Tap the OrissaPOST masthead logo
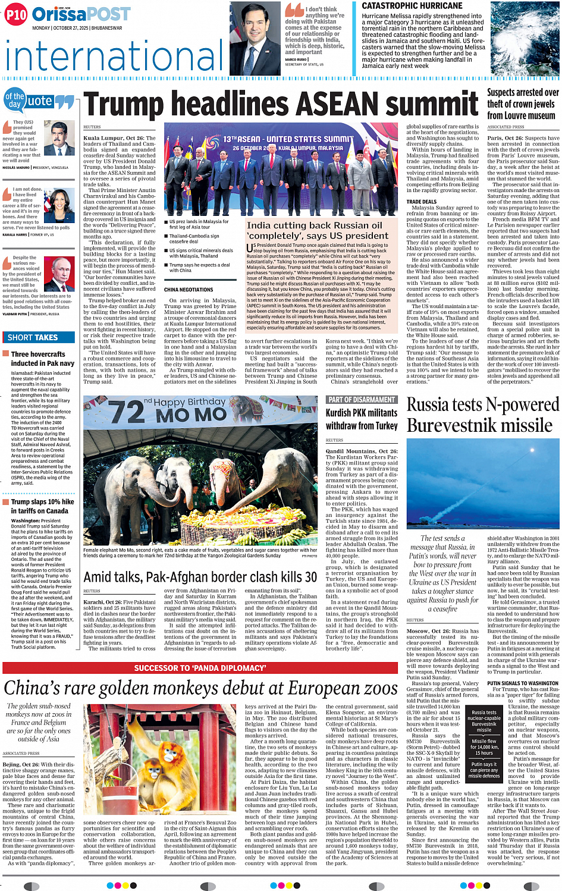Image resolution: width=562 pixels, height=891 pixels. click(81, 14)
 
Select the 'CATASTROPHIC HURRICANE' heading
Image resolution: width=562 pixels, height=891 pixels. click(412, 5)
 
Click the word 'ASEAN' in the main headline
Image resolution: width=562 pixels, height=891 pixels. click(337, 105)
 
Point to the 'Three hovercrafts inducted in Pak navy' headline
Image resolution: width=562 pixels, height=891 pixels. click(42, 359)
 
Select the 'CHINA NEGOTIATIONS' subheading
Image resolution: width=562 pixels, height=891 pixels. click(189, 290)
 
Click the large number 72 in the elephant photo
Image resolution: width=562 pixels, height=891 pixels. click(127, 412)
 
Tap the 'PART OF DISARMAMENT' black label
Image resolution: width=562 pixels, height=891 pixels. click(361, 400)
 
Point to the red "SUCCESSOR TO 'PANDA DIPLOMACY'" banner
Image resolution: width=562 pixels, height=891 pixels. click(200, 668)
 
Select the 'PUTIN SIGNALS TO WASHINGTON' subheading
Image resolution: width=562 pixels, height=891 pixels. click(523, 683)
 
